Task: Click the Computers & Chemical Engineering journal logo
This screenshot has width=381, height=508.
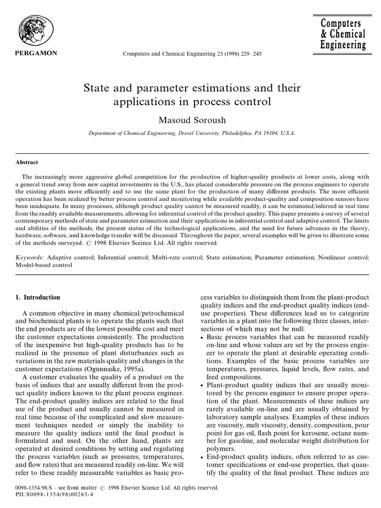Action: [343, 35]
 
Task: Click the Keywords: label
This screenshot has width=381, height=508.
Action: [29, 257]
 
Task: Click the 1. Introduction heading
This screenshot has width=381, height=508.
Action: [38, 298]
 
